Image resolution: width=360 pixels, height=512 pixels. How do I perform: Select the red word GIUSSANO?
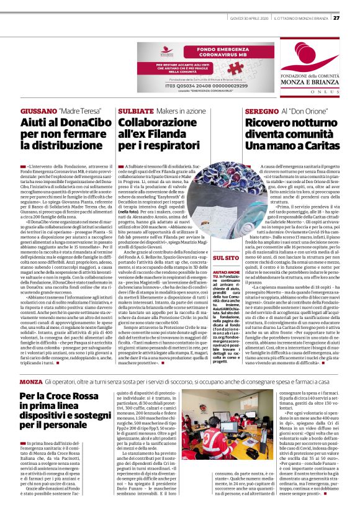[x=37, y=110]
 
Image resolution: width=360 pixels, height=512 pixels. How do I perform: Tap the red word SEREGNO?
[x=244, y=110]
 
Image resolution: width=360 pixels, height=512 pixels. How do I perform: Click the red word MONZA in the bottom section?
[x=31, y=362]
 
